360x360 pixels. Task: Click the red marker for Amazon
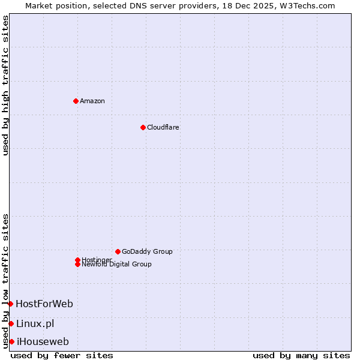point(76,101)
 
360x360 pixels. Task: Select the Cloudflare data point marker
point(143,127)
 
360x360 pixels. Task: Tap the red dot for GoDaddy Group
point(118,251)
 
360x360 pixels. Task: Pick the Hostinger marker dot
point(77,260)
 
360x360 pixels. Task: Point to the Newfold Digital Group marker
point(77,264)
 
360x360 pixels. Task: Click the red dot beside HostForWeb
point(10,304)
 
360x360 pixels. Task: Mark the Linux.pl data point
point(11,324)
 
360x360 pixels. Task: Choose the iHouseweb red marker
point(11,341)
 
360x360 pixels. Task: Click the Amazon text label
point(92,101)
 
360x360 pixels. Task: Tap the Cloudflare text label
point(163,127)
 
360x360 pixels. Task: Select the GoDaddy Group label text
point(147,251)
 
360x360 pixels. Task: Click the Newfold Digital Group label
point(117,265)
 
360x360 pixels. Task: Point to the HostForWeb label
point(44,304)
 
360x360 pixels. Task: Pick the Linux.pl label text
point(35,324)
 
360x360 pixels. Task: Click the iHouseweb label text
point(43,342)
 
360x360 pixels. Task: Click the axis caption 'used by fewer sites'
point(62,356)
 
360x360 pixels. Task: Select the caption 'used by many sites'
point(301,356)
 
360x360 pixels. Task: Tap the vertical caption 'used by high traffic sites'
point(5,85)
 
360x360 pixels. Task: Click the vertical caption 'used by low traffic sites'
point(5,280)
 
